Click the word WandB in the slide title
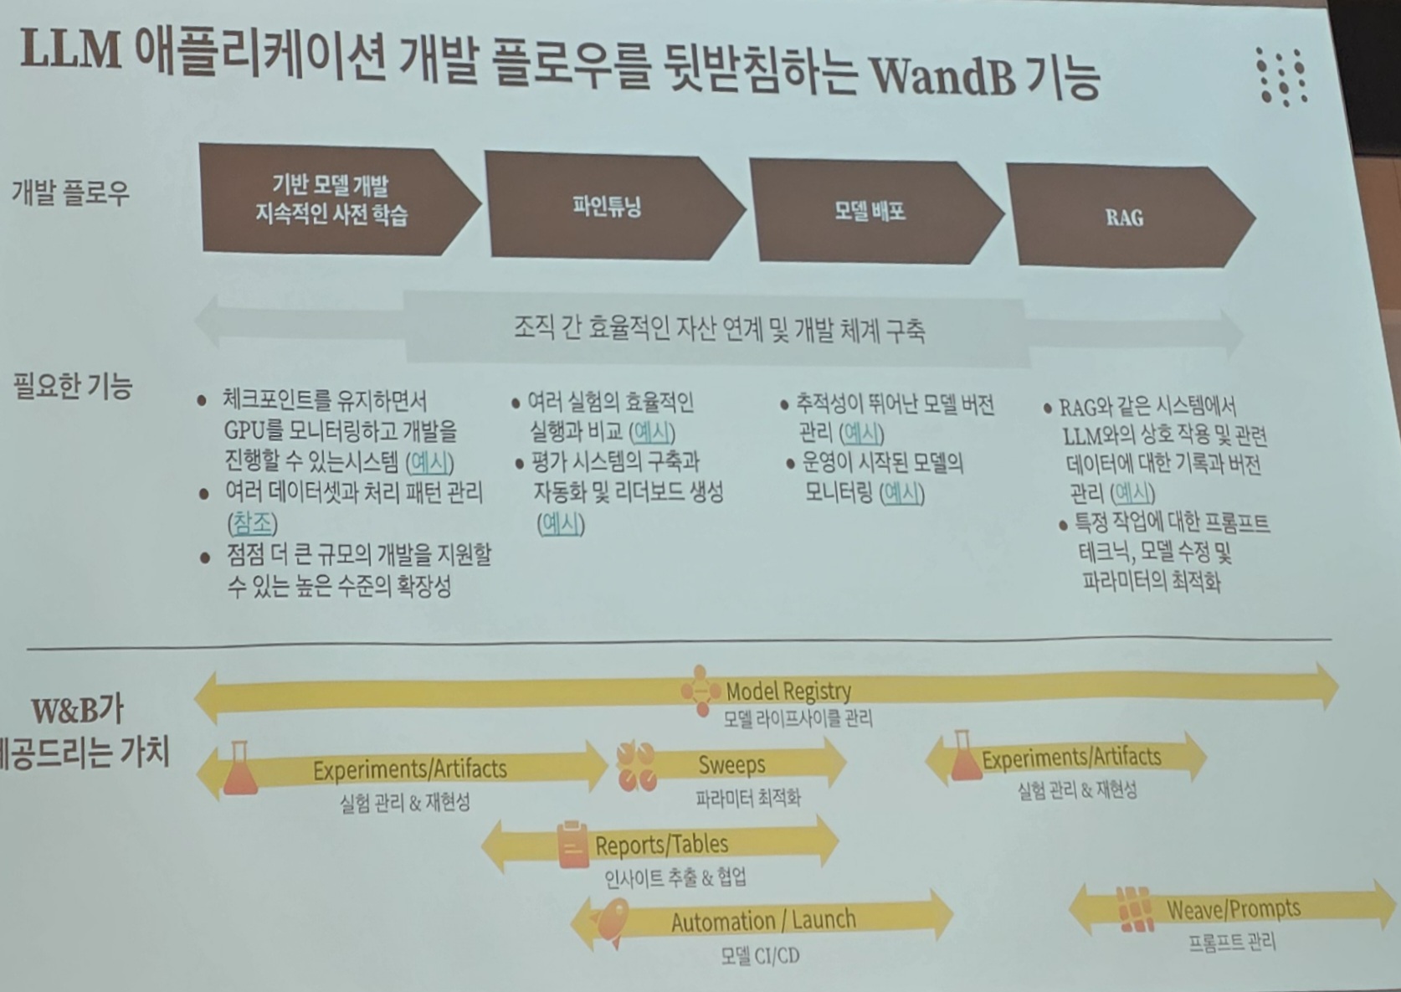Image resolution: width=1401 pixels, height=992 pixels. (942, 76)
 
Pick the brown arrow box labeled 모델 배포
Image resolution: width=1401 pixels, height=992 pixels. (870, 211)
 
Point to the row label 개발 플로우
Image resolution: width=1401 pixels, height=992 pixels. (70, 193)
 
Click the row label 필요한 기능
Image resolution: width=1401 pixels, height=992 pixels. (73, 387)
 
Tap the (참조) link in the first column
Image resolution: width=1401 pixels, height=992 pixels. (252, 523)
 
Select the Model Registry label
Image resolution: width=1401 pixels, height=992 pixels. (788, 691)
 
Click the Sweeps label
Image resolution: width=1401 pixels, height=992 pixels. (731, 764)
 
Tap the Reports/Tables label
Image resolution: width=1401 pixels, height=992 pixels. (661, 845)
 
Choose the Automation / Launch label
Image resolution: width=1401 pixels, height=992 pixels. (763, 921)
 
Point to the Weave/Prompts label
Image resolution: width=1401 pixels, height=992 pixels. (1233, 908)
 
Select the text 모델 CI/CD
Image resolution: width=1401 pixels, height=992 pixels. (760, 955)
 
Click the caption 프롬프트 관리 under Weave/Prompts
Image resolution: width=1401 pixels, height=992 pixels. (1232, 943)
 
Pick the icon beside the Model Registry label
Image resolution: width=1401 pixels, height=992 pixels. (700, 691)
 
